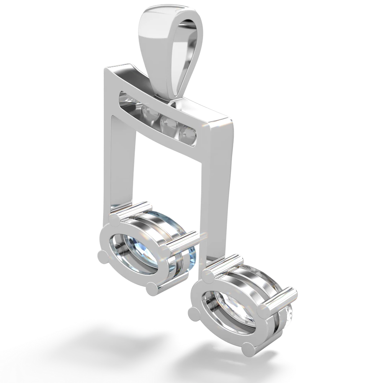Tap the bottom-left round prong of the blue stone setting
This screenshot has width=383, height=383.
tap(102, 255)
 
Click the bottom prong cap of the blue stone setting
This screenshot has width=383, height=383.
tap(153, 288)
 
